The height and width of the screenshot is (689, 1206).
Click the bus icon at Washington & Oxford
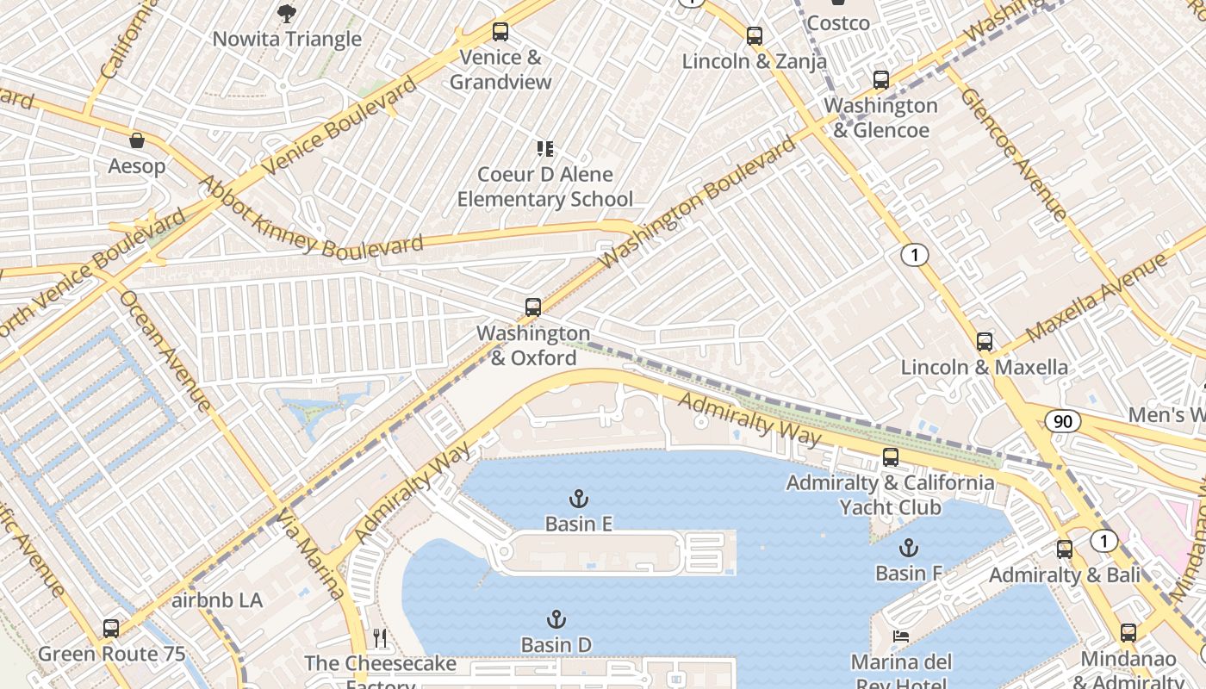tap(533, 307)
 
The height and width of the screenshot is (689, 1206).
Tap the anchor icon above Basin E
tap(579, 498)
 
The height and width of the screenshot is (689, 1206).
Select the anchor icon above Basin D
tap(556, 619)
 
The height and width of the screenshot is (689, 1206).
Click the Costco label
tap(838, 23)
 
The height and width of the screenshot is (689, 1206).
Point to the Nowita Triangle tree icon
tap(287, 14)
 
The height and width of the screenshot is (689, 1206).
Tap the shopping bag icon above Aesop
tap(137, 140)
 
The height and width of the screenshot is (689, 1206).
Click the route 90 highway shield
tap(1063, 421)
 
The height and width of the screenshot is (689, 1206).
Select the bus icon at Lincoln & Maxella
tap(985, 342)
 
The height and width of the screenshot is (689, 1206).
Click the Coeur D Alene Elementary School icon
tap(544, 149)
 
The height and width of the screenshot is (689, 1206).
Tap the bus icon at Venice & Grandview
tap(500, 32)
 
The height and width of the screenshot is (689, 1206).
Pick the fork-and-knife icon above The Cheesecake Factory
tap(380, 638)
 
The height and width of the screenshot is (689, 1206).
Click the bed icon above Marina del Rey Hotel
tap(901, 636)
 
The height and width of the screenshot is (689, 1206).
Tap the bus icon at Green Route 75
tap(111, 629)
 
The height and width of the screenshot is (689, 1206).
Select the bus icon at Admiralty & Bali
tap(1065, 549)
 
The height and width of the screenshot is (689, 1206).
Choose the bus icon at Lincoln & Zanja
tap(755, 36)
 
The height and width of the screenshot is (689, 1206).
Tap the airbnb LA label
tap(217, 600)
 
